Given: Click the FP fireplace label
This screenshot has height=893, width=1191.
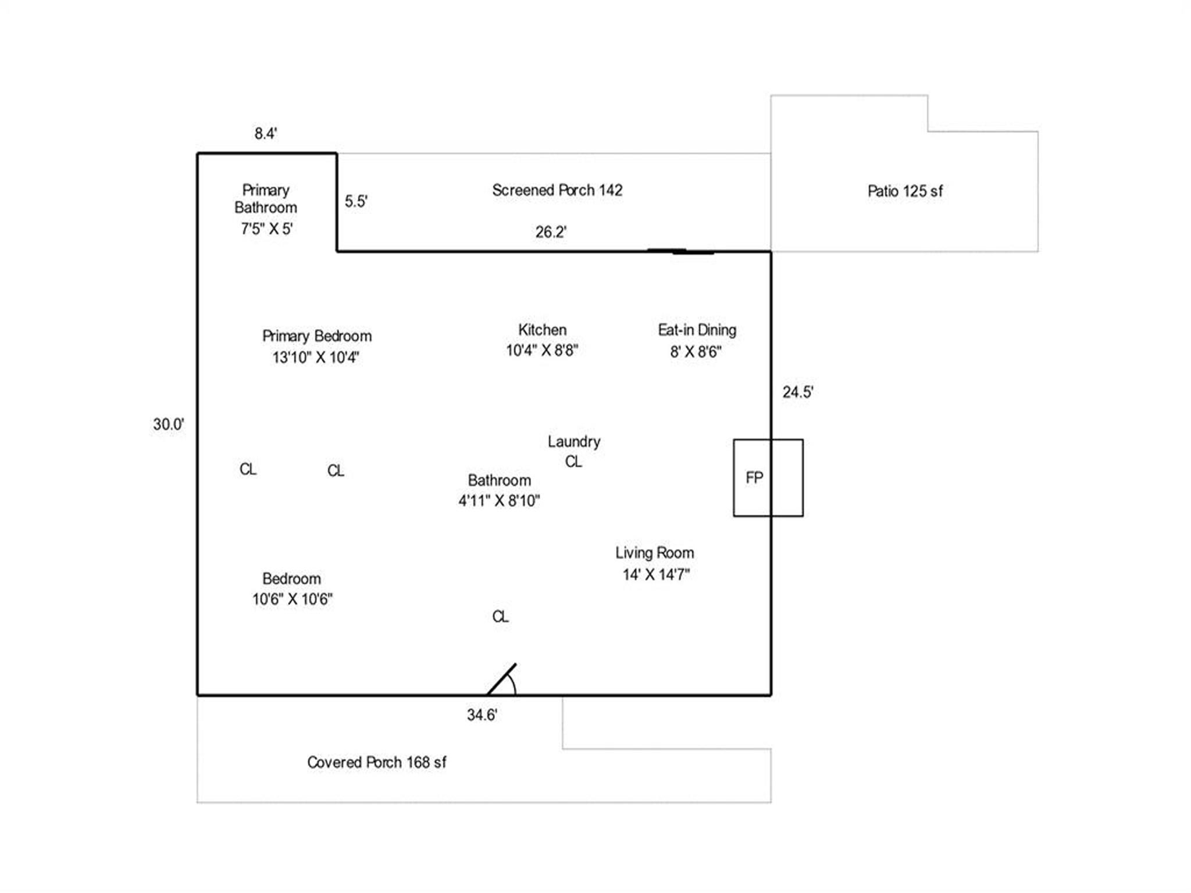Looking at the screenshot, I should (x=754, y=478).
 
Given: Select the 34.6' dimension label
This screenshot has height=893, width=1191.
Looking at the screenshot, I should (x=482, y=715).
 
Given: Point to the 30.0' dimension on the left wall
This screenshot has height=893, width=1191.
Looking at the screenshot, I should (x=169, y=424).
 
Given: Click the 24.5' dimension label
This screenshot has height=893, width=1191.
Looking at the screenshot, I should (x=797, y=392).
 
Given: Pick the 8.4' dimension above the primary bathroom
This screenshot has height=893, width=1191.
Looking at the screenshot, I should (x=266, y=134).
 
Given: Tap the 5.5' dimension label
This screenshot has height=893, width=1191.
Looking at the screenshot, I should (x=356, y=201).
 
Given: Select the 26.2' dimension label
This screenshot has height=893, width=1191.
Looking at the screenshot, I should (x=551, y=232).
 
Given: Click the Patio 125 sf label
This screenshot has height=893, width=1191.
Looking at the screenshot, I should (x=905, y=191).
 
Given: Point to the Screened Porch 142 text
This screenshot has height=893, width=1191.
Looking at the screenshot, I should (x=557, y=190).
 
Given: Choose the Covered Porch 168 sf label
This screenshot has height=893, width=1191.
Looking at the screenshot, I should (x=377, y=762).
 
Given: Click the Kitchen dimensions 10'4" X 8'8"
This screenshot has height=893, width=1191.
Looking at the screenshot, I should (x=542, y=351).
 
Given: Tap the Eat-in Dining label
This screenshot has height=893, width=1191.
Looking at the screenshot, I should (x=697, y=330).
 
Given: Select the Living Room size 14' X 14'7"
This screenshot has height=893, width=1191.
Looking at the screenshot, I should (x=656, y=575).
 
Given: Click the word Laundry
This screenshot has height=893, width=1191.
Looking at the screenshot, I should (x=574, y=442).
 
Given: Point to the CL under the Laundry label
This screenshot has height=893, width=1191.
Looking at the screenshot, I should (x=573, y=462).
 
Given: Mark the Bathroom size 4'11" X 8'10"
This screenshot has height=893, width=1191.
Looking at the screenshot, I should (x=499, y=501).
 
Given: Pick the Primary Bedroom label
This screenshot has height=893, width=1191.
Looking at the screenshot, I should (x=317, y=336).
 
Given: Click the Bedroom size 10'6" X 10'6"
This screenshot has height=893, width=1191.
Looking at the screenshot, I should (x=292, y=599).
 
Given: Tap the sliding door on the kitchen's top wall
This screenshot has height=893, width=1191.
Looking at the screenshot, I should (x=680, y=252).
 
